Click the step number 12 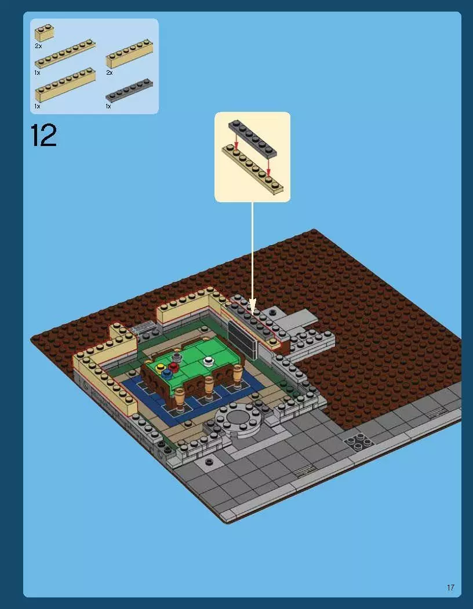click(x=43, y=135)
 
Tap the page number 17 click(x=450, y=588)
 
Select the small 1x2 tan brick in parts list click(x=44, y=33)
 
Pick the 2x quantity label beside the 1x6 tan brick click(x=109, y=73)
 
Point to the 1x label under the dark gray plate click(x=108, y=107)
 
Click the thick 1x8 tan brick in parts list click(x=64, y=85)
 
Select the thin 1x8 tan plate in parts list click(x=64, y=54)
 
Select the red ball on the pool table click(x=173, y=366)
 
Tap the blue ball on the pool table click(x=168, y=373)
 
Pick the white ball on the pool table click(x=208, y=362)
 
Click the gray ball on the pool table click(x=176, y=359)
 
